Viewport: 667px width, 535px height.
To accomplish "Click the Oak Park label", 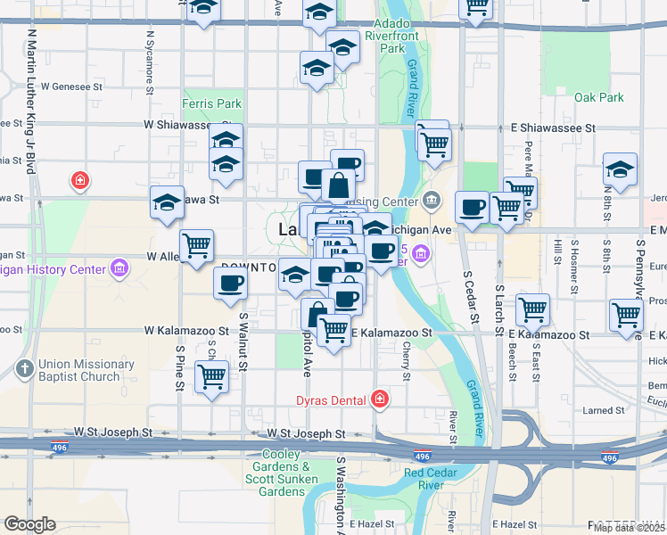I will tap(598, 97).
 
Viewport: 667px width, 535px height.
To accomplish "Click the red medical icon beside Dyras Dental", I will tap(381, 398).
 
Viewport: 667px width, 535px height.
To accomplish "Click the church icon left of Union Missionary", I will tap(24, 368).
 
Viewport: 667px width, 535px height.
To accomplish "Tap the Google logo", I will tap(29, 524).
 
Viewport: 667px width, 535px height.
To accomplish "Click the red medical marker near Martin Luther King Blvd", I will tap(80, 181).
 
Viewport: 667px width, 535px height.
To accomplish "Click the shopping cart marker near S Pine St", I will tap(212, 376).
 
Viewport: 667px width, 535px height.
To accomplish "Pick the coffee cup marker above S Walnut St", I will tap(230, 284).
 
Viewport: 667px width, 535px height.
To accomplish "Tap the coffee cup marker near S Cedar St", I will tap(472, 208).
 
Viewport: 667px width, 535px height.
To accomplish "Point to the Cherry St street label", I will tap(407, 364).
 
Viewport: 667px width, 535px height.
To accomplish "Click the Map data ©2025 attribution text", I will tap(630, 528).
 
